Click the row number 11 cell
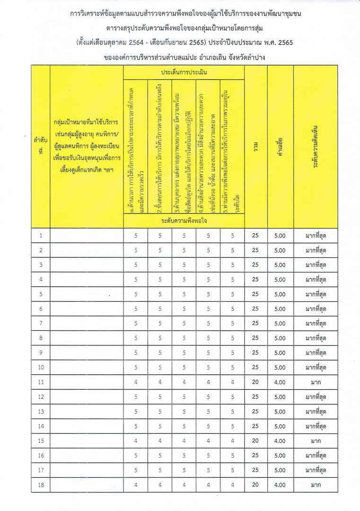(x=41, y=382)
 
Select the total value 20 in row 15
(x=255, y=441)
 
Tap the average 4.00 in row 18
(x=280, y=485)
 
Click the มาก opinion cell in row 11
(x=316, y=382)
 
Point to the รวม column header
(x=255, y=147)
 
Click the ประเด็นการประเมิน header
(x=184, y=73)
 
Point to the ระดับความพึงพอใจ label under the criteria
(x=184, y=221)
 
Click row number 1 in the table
(x=41, y=236)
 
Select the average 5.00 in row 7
(x=280, y=324)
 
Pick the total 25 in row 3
(x=255, y=265)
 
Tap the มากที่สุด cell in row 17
(x=316, y=470)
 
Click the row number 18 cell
(x=41, y=485)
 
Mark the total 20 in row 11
(x=255, y=382)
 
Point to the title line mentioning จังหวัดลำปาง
(x=185, y=57)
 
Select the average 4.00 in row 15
(x=280, y=441)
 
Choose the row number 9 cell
(x=41, y=352)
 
